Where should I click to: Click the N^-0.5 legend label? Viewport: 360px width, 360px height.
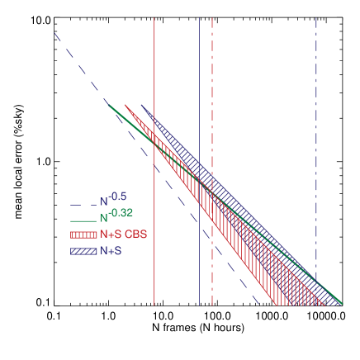113,199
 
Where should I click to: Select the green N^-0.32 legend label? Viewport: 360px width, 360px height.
116,216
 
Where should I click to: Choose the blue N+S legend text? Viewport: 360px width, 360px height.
111,251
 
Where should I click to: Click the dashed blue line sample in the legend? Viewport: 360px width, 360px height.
83,202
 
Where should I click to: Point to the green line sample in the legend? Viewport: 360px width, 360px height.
83,220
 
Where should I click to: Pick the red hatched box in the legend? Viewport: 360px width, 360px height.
83,235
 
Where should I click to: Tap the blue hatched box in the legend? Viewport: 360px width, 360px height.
83,251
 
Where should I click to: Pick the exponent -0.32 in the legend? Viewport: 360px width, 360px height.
121,213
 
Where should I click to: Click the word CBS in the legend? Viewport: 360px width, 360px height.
136,234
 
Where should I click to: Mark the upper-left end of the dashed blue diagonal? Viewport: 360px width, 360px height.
54,34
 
